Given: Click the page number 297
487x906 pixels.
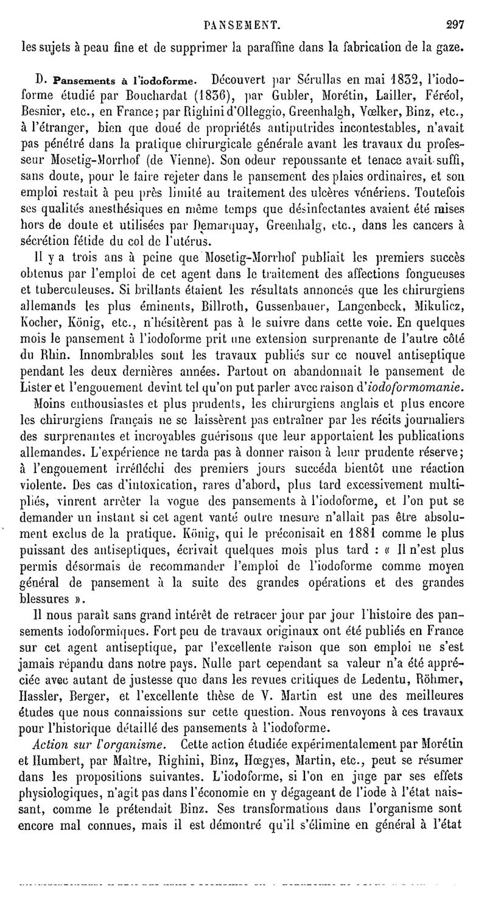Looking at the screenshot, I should tap(455, 9).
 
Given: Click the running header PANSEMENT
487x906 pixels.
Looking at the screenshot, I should tap(242, 9).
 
